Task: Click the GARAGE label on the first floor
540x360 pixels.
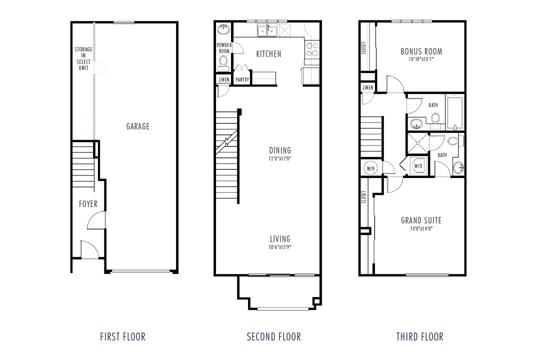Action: tap(137, 126)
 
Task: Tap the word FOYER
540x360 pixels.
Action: tap(88, 204)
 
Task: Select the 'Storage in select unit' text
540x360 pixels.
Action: tap(83, 58)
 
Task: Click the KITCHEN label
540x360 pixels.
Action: tap(268, 54)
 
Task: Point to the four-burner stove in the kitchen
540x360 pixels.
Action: tap(312, 48)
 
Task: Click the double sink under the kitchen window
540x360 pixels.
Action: tap(267, 31)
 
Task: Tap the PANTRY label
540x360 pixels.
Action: tap(242, 79)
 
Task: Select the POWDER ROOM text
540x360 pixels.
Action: tap(223, 48)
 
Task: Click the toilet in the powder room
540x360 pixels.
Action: tap(223, 62)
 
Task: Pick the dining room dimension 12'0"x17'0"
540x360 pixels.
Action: tap(279, 159)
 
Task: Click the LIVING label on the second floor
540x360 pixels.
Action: tap(279, 239)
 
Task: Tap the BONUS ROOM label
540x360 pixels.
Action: tap(421, 51)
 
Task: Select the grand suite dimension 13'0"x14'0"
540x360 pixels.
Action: tap(421, 228)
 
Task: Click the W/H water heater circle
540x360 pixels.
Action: tap(370, 168)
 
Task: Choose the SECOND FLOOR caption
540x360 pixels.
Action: tap(274, 336)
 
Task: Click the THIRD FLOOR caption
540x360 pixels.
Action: tap(419, 336)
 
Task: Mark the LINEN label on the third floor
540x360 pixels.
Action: tap(367, 87)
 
